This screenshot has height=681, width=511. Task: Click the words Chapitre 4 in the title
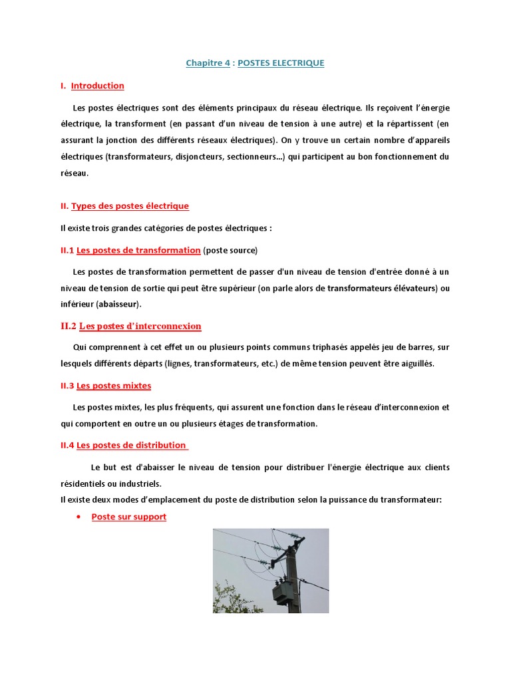coord(208,63)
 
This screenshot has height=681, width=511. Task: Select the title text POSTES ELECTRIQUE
coord(281,63)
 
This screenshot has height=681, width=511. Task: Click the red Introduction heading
coord(97,86)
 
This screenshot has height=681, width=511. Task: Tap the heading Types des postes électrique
coord(130,206)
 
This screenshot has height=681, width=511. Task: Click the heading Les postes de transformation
coord(138,250)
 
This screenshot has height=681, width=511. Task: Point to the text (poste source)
coord(230,250)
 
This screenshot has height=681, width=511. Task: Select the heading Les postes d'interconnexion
coord(140,327)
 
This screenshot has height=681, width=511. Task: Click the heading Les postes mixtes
coord(114,386)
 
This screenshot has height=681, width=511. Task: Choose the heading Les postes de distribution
coord(131,445)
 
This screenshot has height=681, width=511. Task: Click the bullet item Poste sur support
coord(128,517)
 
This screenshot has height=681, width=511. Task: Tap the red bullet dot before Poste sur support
coord(79,517)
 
